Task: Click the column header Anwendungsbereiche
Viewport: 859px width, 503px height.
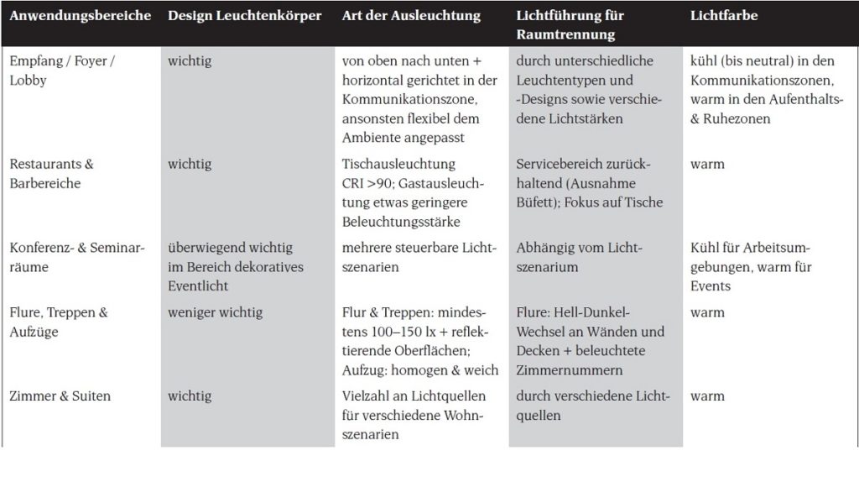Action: (81, 16)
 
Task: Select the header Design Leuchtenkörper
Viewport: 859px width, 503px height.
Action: (244, 16)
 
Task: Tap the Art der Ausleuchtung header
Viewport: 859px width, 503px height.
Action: (411, 16)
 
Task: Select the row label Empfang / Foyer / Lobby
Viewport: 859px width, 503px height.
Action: (61, 71)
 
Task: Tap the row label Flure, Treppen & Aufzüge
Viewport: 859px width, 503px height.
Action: (59, 322)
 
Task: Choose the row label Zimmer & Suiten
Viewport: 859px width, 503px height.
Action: (60, 396)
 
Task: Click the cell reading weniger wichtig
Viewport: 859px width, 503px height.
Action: (215, 312)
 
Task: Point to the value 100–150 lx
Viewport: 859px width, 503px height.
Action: (379, 332)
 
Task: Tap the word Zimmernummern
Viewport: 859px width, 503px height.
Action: (571, 369)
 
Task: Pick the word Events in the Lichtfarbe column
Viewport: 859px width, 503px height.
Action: (711, 286)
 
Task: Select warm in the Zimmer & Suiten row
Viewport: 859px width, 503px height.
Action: (707, 396)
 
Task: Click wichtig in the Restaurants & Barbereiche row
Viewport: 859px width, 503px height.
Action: (190, 164)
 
